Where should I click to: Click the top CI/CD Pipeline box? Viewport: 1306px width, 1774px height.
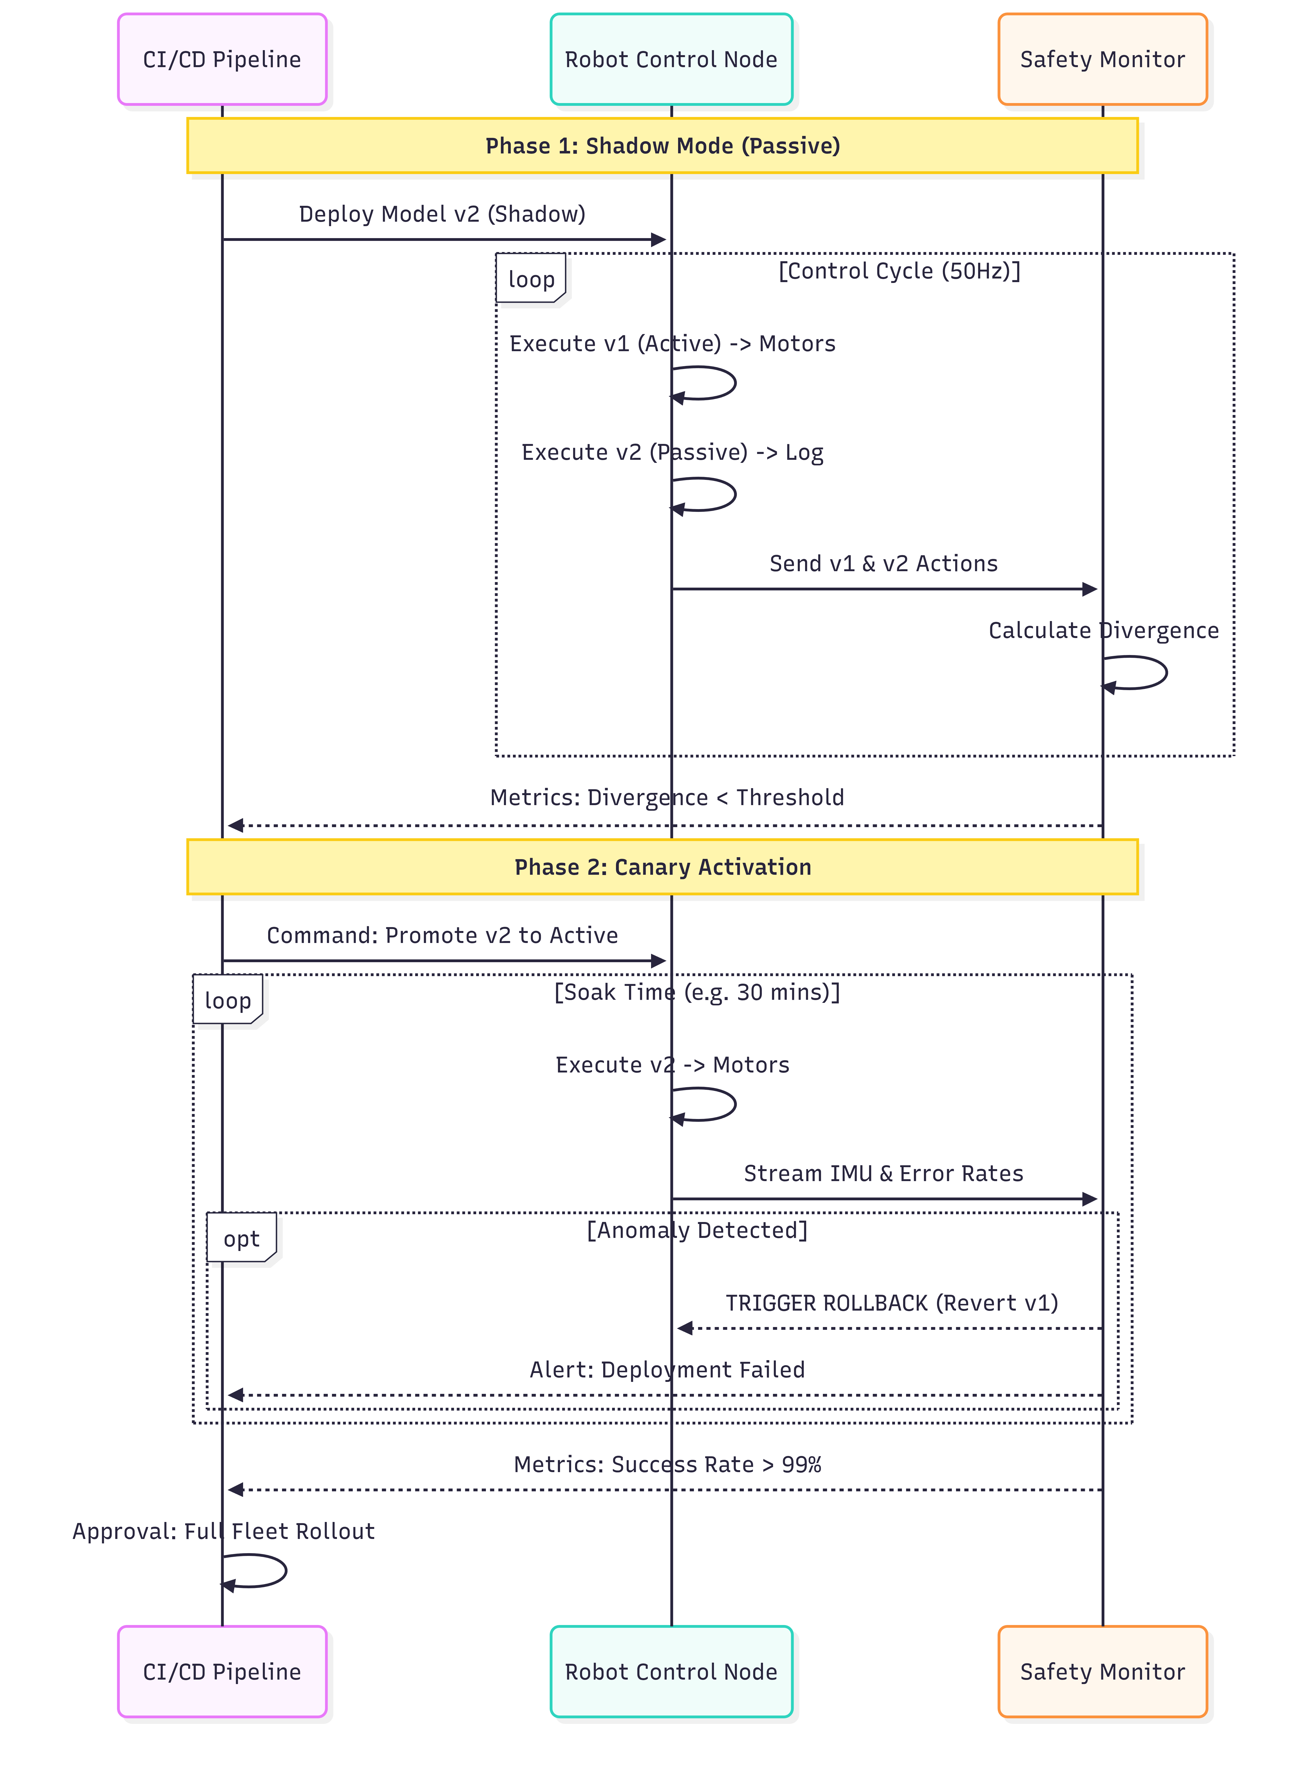tap(222, 59)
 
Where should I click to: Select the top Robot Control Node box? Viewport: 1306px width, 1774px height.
tap(671, 59)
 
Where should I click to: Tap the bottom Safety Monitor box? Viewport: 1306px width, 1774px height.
tap(1103, 1671)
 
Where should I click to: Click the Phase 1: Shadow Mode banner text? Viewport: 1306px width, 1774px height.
tap(662, 146)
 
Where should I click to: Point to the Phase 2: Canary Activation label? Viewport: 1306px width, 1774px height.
tap(662, 867)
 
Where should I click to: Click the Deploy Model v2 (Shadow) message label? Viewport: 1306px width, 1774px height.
tap(442, 214)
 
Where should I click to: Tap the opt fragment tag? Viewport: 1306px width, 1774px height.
tap(241, 1238)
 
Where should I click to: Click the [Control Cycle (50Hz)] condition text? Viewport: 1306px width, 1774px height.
tap(900, 271)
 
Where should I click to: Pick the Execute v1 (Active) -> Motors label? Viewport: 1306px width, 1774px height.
tap(672, 344)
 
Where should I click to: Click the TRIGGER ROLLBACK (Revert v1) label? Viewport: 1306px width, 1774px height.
tap(892, 1303)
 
